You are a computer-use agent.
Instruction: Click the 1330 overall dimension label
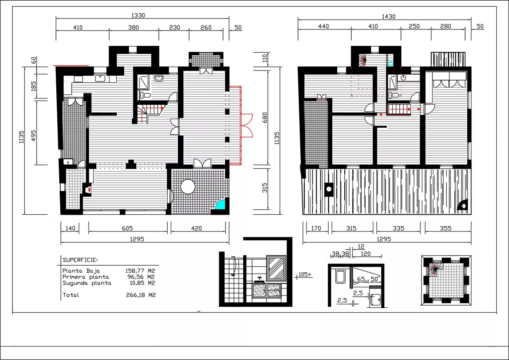[x=138, y=16]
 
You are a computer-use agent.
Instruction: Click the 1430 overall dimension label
[x=389, y=17]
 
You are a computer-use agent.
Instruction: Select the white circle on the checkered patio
[x=188, y=187]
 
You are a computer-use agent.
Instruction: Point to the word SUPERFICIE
[x=80, y=260]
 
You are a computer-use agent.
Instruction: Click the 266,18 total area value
[x=136, y=295]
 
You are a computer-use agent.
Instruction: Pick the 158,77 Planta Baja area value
[x=135, y=271]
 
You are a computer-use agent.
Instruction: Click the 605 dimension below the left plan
[x=127, y=228]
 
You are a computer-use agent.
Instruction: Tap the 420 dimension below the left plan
[x=196, y=228]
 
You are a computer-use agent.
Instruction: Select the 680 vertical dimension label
[x=265, y=118]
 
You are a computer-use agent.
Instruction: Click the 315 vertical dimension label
[x=265, y=188]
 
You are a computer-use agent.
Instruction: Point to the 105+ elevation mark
[x=305, y=274]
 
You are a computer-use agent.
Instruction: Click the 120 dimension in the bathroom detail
[x=366, y=254]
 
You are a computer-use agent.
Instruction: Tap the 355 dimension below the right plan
[x=446, y=228]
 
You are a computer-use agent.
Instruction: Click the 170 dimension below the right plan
[x=316, y=228]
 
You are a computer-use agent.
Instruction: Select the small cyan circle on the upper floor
[x=390, y=64]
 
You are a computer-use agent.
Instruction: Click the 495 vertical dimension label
[x=33, y=135]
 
